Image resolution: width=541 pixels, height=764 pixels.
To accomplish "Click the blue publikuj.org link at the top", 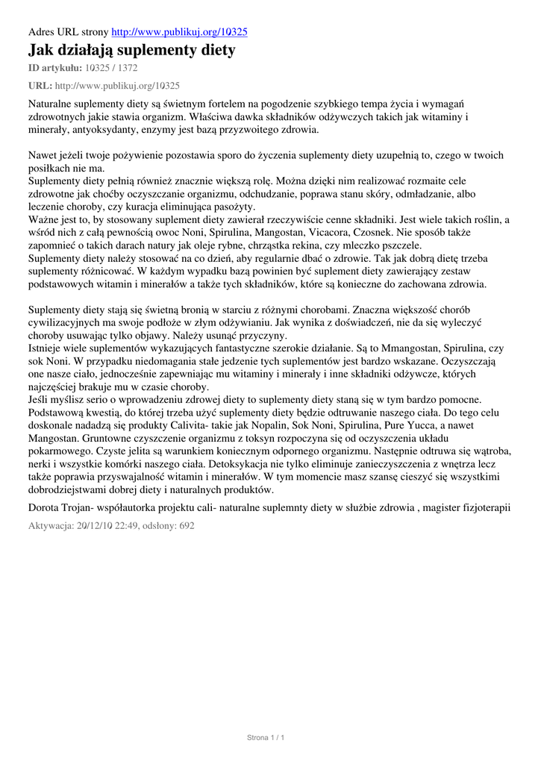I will (179, 32).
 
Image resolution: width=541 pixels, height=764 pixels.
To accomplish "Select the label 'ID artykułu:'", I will (57, 69).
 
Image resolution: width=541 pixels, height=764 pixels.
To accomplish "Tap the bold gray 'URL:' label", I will (40, 86).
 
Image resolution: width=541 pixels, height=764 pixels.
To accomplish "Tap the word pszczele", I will (401, 245).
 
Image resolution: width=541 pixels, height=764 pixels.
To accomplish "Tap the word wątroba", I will (487, 452).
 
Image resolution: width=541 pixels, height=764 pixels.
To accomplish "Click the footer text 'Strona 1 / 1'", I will (266, 738).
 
